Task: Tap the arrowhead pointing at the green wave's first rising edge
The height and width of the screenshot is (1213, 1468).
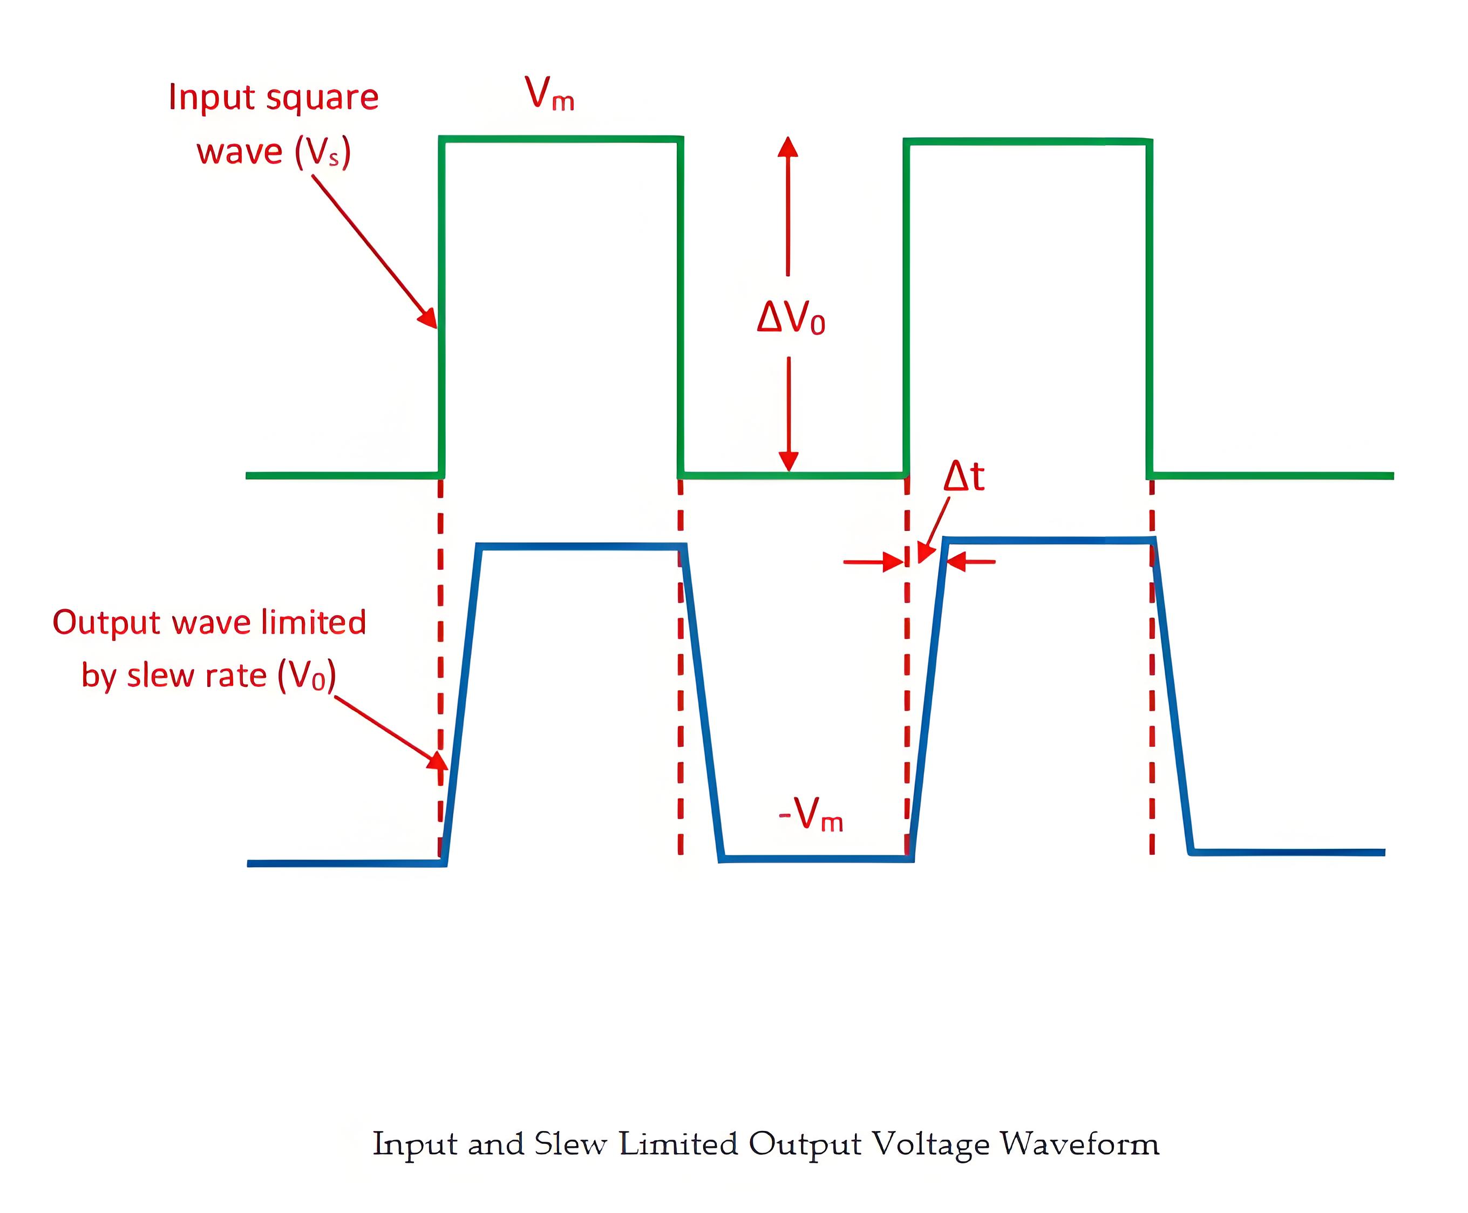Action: coord(427,318)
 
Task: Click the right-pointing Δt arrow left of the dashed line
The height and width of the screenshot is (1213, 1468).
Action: coord(873,561)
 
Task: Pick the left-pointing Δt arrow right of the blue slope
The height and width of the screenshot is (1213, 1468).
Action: coord(971,561)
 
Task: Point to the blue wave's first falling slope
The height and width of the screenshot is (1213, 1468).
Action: coord(702,702)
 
